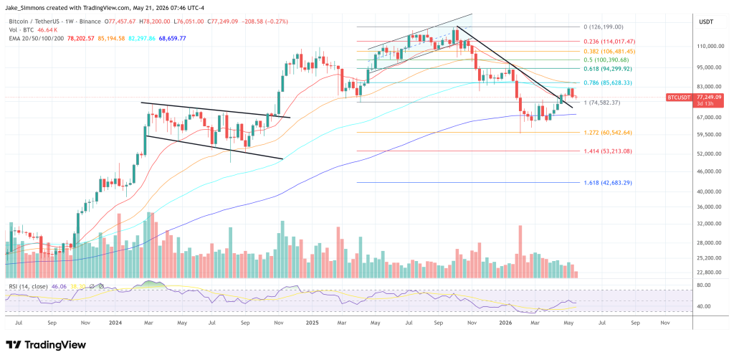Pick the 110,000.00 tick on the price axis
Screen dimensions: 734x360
click(710, 47)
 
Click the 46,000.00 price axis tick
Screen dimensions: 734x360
click(710, 171)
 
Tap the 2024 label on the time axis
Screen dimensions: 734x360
click(115, 323)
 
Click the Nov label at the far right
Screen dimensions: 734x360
click(664, 323)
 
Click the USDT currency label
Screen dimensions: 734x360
click(707, 22)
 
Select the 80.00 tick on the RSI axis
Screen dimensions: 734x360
click(705, 285)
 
